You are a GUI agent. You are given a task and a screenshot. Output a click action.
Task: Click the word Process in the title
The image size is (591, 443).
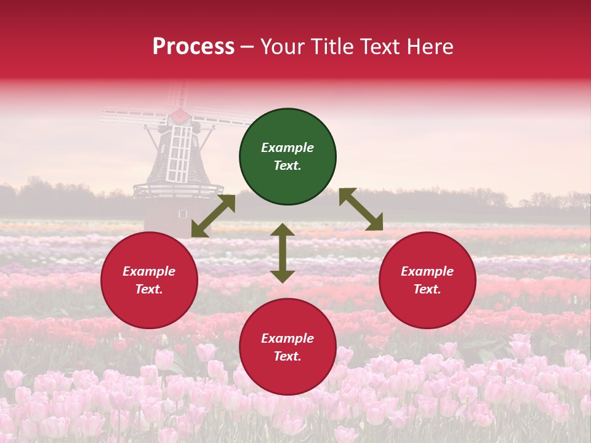tap(193, 47)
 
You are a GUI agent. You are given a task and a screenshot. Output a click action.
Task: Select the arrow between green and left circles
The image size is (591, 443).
tap(214, 215)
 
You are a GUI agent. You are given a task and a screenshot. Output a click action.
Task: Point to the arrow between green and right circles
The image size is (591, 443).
tap(361, 209)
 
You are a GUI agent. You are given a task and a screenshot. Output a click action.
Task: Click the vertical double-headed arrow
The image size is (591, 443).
tap(283, 253)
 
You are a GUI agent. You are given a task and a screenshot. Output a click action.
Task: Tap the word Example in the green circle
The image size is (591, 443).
tap(287, 148)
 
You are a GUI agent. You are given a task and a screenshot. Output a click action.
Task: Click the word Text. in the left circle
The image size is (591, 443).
tap(149, 289)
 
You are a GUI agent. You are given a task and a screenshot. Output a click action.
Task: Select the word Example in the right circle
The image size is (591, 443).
tap(427, 271)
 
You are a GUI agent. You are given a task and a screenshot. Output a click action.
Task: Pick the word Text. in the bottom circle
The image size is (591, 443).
tap(287, 356)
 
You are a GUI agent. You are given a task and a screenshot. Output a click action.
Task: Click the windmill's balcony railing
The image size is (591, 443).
tap(179, 189)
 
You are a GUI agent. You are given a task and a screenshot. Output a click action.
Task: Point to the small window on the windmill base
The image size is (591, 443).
tap(182, 214)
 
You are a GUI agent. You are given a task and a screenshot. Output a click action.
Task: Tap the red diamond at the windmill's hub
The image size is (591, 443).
tap(180, 115)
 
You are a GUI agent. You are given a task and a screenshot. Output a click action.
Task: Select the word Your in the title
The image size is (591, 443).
tap(283, 47)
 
